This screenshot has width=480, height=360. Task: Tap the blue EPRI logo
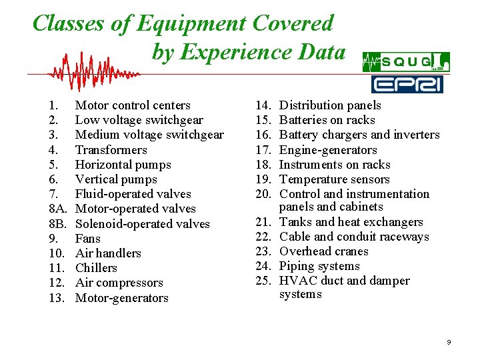tap(407, 84)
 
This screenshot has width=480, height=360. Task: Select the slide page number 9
tap(449, 342)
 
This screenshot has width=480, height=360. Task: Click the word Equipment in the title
tap(191, 23)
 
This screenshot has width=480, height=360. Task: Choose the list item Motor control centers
tap(133, 105)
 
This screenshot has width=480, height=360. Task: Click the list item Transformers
tap(111, 150)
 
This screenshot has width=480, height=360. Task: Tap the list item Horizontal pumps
tap(123, 165)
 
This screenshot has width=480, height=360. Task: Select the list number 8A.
tap(57, 209)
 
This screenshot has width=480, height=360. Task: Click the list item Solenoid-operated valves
tap(142, 224)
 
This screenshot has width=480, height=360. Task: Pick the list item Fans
tap(87, 239)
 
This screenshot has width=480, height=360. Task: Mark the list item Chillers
tap(96, 268)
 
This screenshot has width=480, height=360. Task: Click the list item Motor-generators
tap(121, 298)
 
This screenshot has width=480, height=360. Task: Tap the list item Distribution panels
tap(330, 105)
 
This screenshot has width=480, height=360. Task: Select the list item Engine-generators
tap(328, 150)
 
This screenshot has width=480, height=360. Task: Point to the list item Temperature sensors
tap(334, 179)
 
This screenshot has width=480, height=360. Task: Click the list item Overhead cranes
tap(323, 251)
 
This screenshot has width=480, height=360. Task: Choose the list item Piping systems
tap(319, 266)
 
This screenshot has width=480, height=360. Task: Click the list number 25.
tap(264, 281)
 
